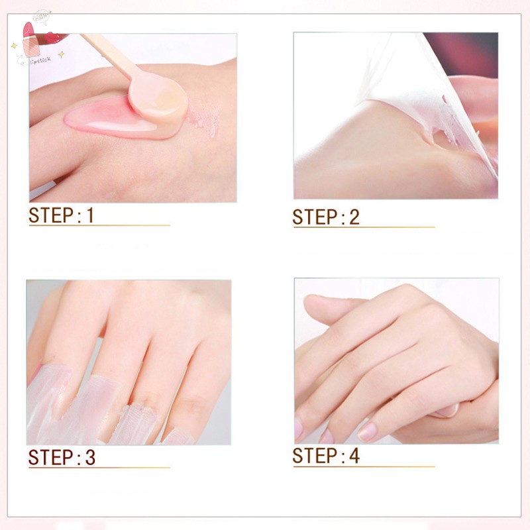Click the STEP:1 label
(x=62, y=215)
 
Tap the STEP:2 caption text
(x=326, y=217)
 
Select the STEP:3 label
(x=62, y=458)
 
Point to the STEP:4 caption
(x=326, y=456)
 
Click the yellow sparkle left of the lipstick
(x=13, y=46)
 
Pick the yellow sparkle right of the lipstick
(x=62, y=54)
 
